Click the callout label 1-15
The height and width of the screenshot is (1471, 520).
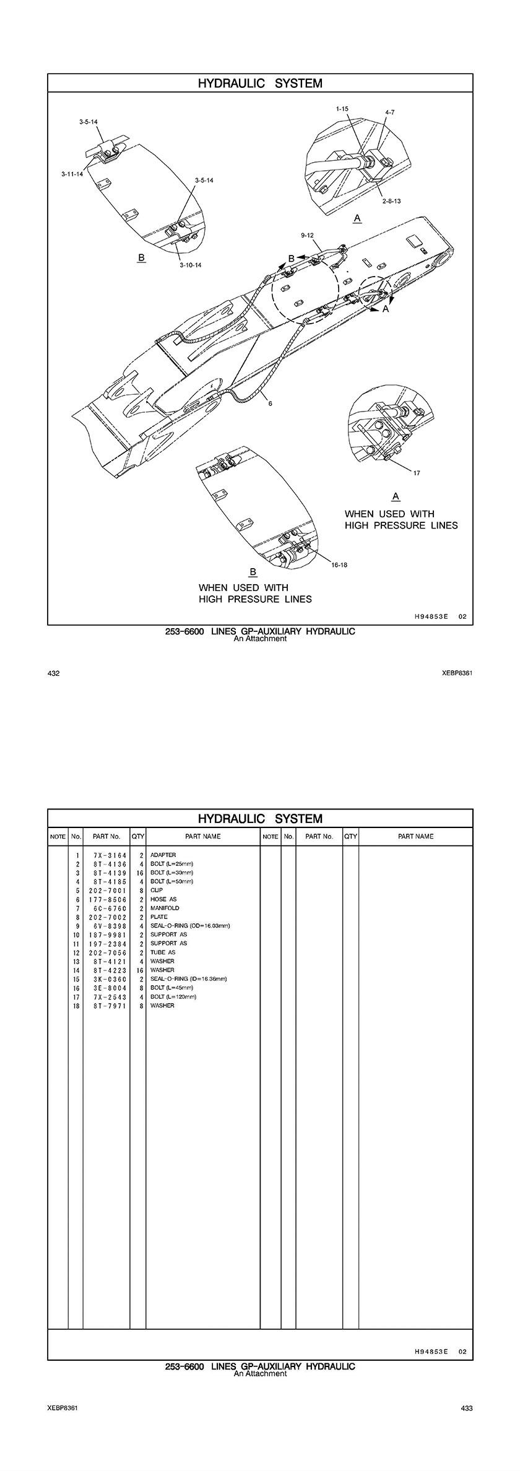point(342,108)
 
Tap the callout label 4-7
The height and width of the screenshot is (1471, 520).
point(389,112)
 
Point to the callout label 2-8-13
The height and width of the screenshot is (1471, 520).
point(391,201)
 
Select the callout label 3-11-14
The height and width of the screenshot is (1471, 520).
point(72,175)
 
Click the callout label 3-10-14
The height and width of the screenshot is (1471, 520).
point(191,265)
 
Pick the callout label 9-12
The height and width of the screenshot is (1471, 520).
point(308,235)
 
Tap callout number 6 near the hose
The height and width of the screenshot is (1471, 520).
point(270,403)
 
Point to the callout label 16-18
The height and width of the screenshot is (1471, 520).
point(339,565)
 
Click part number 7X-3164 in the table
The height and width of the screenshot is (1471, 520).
point(106,855)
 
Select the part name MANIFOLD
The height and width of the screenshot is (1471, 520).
point(165,908)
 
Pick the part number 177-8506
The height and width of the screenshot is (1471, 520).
point(106,899)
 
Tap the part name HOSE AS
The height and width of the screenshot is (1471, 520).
point(163,899)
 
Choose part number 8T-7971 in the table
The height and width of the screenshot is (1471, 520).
point(106,1006)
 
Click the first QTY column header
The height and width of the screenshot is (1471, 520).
point(137,836)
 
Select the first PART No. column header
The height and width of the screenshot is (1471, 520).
point(106,836)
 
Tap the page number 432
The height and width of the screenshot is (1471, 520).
point(53,673)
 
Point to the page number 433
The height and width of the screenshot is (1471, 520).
point(467,1408)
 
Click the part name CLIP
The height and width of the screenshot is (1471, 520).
point(157,890)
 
